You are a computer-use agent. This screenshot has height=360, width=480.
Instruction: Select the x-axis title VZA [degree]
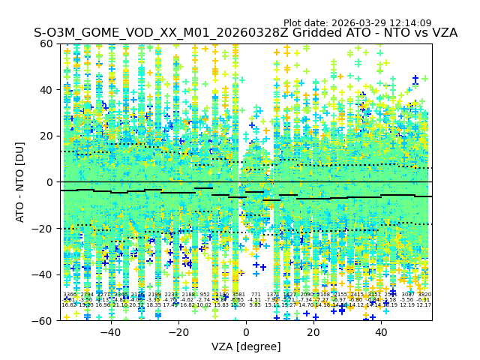pos(246,346)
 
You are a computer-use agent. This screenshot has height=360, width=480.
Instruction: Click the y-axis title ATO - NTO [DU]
pos(21,182)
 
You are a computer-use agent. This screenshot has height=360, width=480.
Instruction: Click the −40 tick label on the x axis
pos(110,332)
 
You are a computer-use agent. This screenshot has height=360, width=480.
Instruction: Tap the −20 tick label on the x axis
pos(178,332)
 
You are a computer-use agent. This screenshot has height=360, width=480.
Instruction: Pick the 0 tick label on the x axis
pos(246,332)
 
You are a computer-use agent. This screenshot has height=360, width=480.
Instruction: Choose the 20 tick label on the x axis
pos(313,332)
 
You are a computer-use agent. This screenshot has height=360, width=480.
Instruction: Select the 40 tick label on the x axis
pos(381,332)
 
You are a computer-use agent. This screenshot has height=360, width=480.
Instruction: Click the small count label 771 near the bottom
pos(255,295)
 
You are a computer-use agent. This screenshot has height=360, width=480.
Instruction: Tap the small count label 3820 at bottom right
pos(424,295)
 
